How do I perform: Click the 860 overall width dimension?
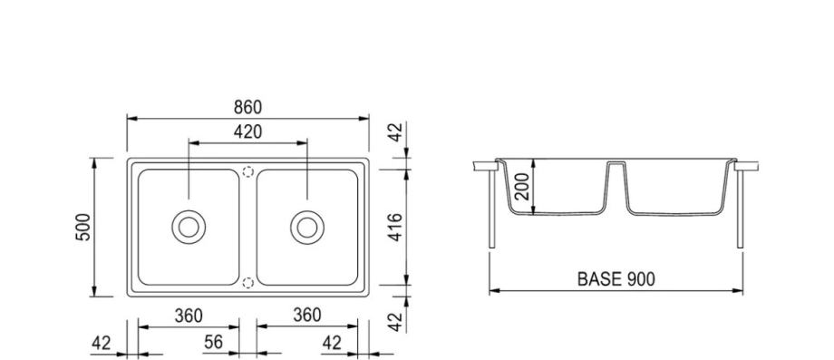pyautogui.click(x=247, y=107)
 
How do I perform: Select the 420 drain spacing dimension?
pyautogui.click(x=247, y=131)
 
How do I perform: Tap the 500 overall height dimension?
pyautogui.click(x=83, y=227)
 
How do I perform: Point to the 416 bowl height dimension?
pyautogui.click(x=394, y=227)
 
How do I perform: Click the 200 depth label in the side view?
pyautogui.click(x=523, y=186)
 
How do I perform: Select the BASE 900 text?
pyautogui.click(x=616, y=278)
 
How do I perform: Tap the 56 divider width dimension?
pyautogui.click(x=213, y=343)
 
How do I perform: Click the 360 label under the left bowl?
pyautogui.click(x=189, y=316)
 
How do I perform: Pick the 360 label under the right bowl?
pyautogui.click(x=307, y=316)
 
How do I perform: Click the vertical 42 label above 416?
pyautogui.click(x=394, y=132)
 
